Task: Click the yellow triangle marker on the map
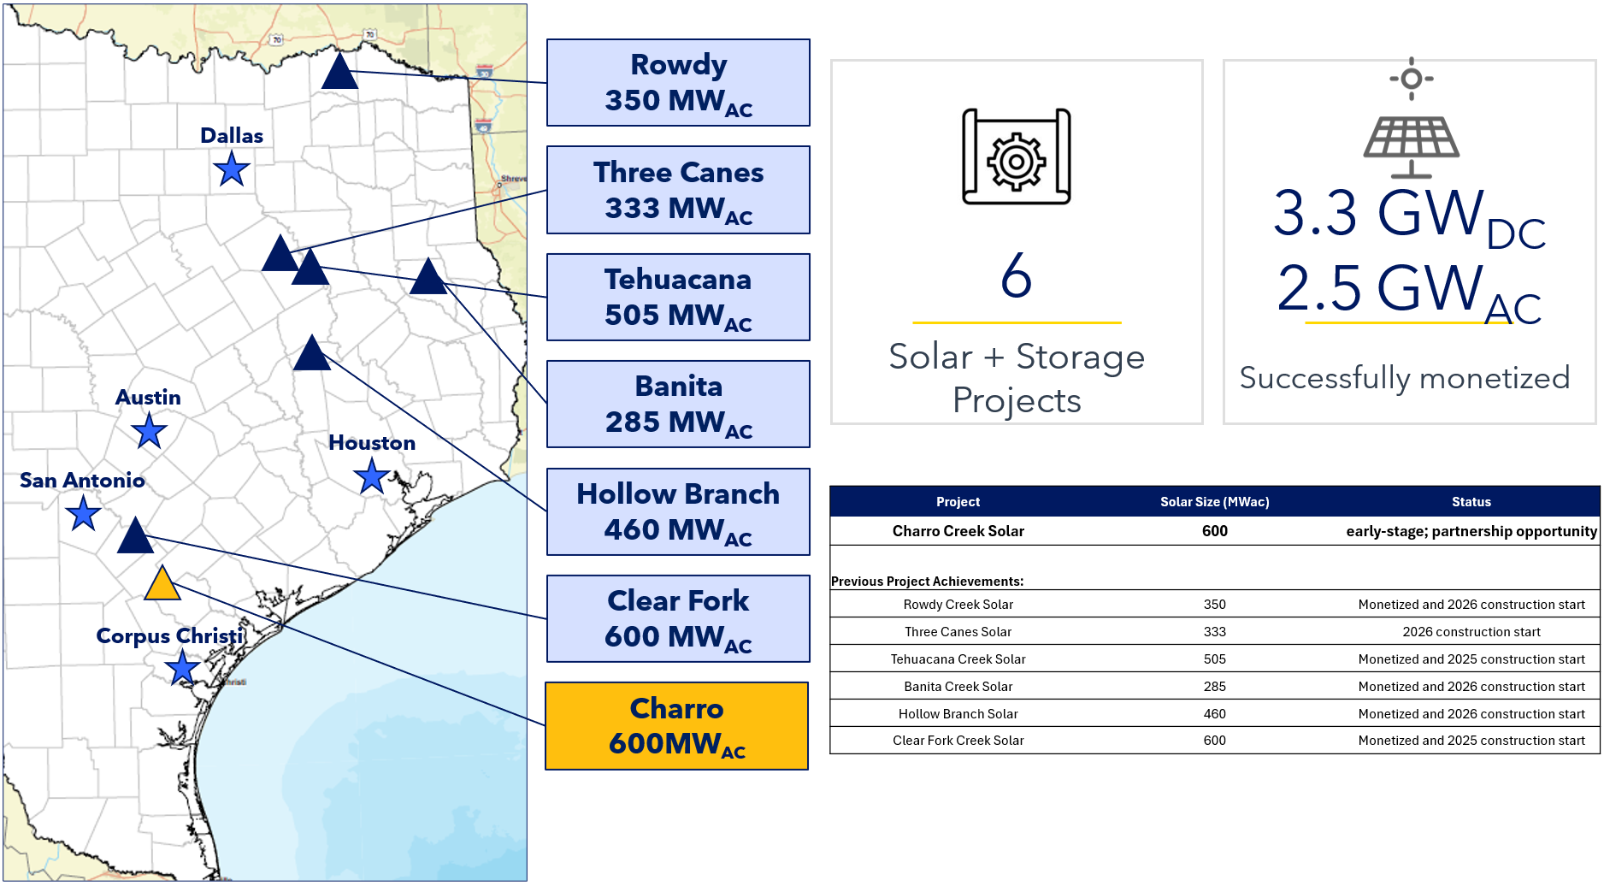coord(162,585)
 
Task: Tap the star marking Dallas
coord(232,168)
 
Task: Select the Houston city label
coord(372,443)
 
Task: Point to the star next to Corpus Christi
coord(182,668)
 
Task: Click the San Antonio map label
coord(82,481)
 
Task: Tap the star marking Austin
coord(149,430)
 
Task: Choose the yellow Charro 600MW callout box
coord(677,726)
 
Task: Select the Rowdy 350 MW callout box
coord(679,83)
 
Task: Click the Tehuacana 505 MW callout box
coord(679,298)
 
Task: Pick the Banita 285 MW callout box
coord(679,405)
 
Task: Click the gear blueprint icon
coord(1017,157)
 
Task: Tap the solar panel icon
coord(1412,119)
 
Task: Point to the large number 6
coord(1017,275)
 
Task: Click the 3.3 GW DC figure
coord(1409,217)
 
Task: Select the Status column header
coord(1471,502)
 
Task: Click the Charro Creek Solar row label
coord(958,531)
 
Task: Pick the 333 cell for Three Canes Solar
coord(1215,632)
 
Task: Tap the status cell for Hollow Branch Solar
coord(1471,714)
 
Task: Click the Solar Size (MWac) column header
coord(1215,502)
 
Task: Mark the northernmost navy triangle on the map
coord(339,71)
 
